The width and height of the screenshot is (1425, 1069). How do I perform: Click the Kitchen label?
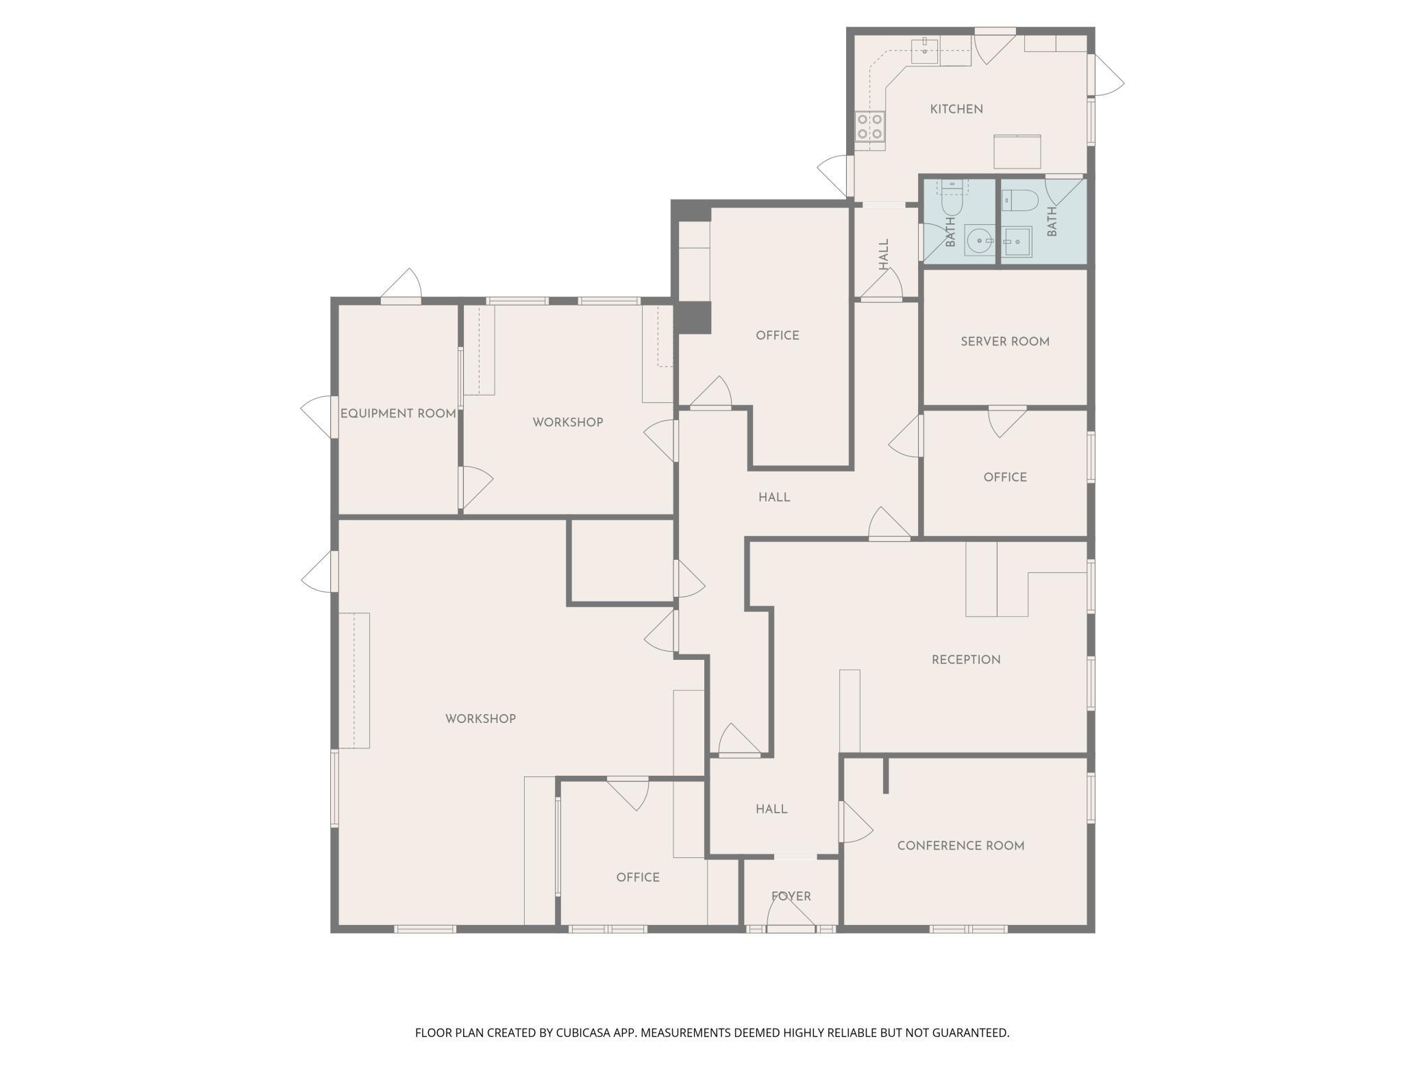click(x=956, y=109)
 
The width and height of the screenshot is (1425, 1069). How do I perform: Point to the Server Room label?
click(x=1005, y=341)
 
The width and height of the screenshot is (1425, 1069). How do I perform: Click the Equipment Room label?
click(x=398, y=413)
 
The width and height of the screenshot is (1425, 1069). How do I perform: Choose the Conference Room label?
click(x=961, y=846)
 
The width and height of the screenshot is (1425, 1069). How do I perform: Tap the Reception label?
click(x=966, y=659)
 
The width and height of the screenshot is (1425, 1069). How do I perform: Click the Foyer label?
click(x=791, y=896)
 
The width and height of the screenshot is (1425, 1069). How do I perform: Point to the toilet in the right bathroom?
click(x=1020, y=200)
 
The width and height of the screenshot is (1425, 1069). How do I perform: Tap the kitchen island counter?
click(x=1017, y=151)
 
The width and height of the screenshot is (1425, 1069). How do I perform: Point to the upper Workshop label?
click(x=568, y=422)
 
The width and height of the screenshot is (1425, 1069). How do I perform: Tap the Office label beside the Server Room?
click(x=1005, y=477)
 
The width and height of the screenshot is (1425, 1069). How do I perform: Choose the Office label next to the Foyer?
click(x=638, y=877)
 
